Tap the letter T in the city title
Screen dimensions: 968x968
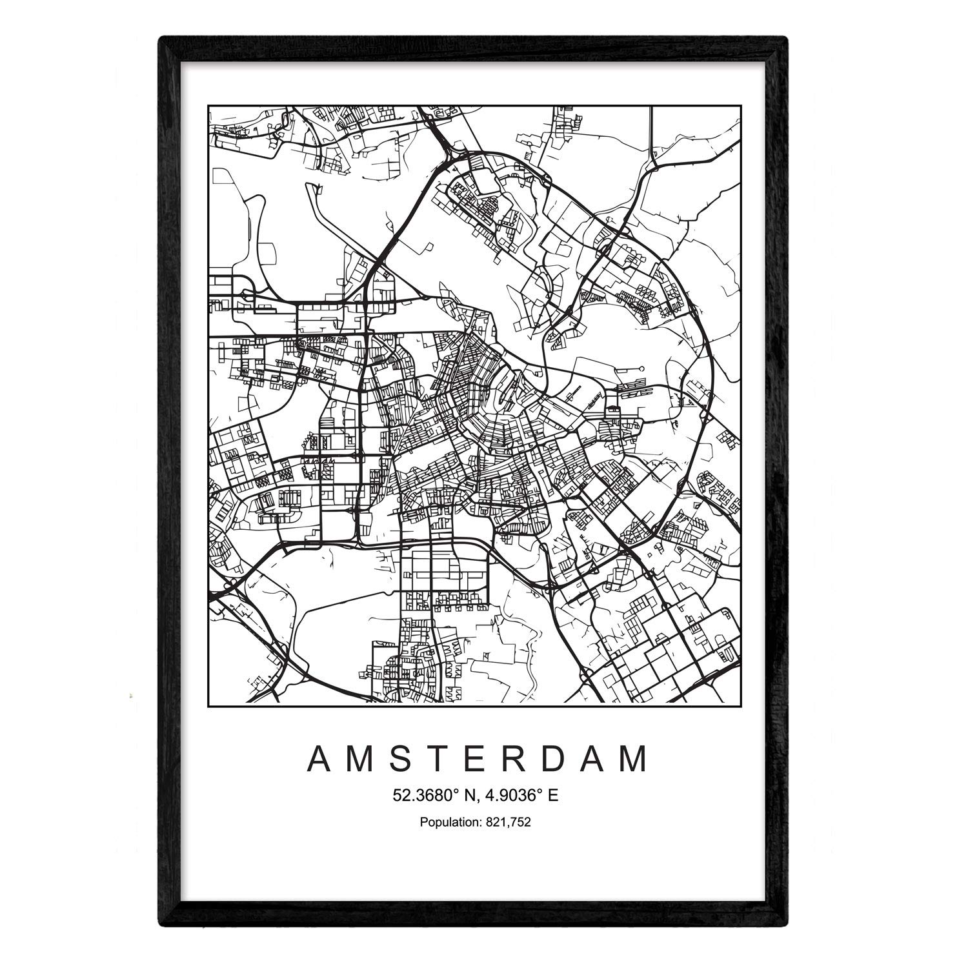(449, 760)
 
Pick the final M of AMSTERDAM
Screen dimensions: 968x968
(635, 760)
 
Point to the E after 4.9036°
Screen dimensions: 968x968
(553, 796)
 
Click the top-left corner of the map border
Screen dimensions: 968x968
(208, 106)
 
